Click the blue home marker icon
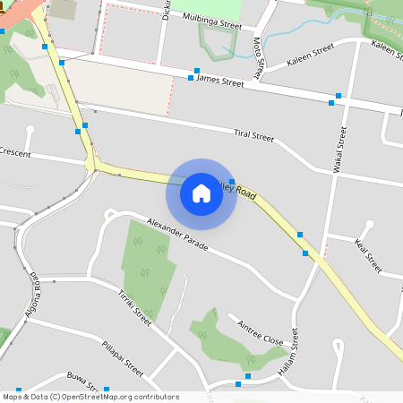point(201,193)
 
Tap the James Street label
point(219,81)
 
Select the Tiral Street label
point(253,135)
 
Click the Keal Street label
point(368,255)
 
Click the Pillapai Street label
point(122,357)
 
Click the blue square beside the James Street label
point(191,78)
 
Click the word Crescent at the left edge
point(14,154)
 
